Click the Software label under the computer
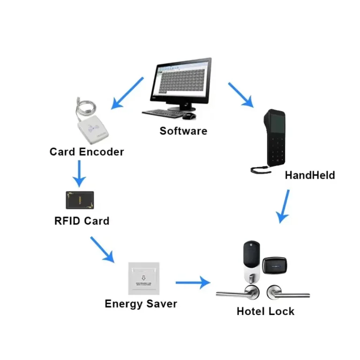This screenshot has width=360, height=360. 183,131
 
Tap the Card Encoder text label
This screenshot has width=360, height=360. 87,152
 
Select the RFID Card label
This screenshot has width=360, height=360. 82,220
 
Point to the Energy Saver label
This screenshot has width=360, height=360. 141,303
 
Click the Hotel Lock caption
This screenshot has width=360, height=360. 265,311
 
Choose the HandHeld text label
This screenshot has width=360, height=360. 310,175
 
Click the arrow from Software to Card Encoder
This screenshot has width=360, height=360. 127,93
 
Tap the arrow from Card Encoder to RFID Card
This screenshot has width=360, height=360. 79,173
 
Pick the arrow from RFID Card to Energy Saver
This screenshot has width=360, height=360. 102,249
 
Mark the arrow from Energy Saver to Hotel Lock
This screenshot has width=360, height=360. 192,283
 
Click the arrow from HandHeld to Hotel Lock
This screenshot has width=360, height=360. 284,205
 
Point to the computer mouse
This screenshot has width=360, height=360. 189,115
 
